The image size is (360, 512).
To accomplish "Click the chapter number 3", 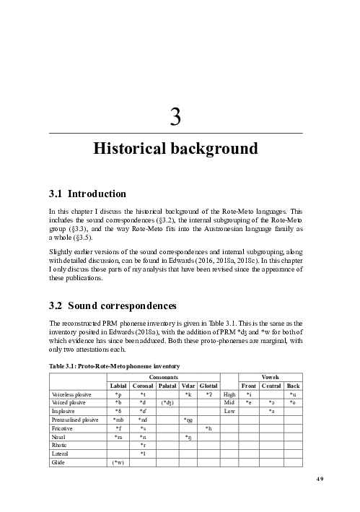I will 175,116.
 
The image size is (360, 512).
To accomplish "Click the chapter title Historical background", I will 175,149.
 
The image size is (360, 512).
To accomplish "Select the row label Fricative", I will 63,428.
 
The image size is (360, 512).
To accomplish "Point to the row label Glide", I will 59,462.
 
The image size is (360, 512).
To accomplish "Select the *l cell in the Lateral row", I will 143,454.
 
